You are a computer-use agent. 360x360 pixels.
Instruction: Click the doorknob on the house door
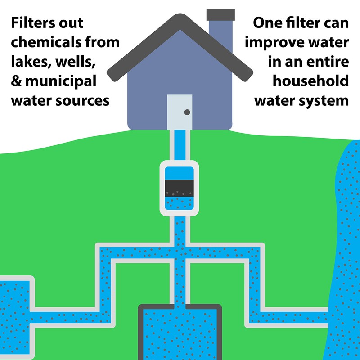[x=187, y=112]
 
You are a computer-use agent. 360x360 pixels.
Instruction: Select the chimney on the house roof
[x=220, y=27]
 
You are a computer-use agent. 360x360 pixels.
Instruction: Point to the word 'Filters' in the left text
[x=36, y=22]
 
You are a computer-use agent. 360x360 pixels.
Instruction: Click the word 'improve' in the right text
[x=275, y=43]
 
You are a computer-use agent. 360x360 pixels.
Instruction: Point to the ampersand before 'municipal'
[x=17, y=81]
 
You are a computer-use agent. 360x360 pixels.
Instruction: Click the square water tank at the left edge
[x=16, y=301]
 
